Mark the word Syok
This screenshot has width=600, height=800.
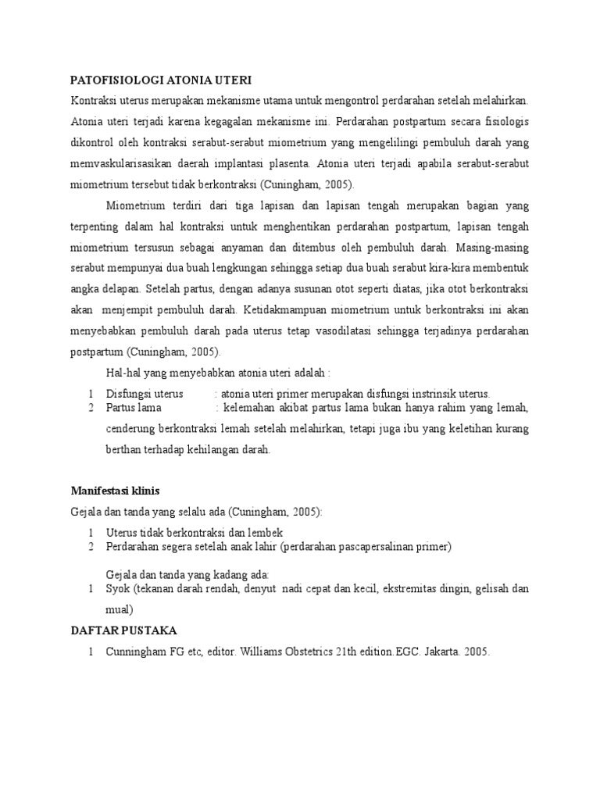coord(118,588)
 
